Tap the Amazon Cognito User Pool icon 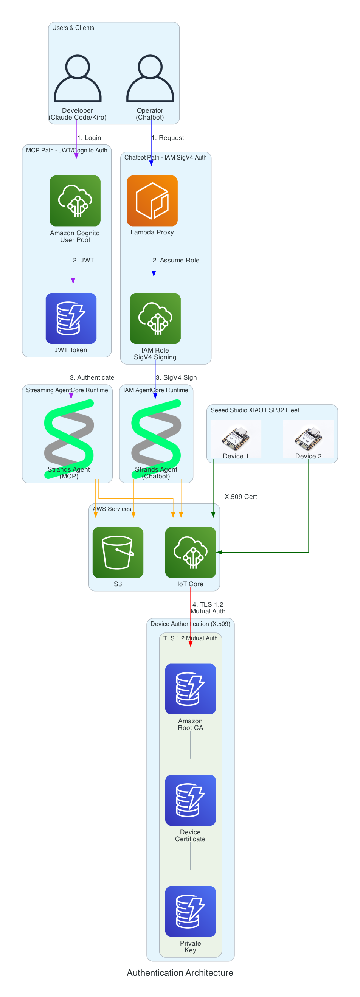click(x=75, y=201)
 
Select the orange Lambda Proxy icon click(x=152, y=201)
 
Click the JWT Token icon click(x=71, y=318)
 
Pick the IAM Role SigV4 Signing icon click(x=155, y=318)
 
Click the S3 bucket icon click(x=118, y=552)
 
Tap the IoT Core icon click(x=191, y=552)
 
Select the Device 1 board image click(x=235, y=437)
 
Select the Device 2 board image click(x=308, y=437)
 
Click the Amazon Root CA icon click(x=191, y=689)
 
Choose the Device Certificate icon click(x=191, y=800)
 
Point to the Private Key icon click(x=191, y=911)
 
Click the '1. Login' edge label click(x=89, y=138)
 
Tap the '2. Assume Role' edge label click(x=176, y=261)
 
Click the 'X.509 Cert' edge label click(x=241, y=497)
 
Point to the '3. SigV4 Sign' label click(x=176, y=377)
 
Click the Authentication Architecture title click(x=180, y=973)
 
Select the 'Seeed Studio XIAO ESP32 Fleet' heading click(x=255, y=410)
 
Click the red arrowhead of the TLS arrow click(x=191, y=644)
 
